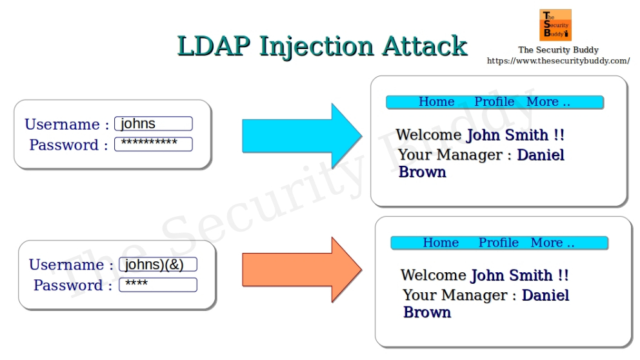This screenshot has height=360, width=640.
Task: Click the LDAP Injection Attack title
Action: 322,46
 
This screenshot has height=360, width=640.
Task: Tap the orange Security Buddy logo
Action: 555,25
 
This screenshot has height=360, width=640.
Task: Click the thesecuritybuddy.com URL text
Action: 558,61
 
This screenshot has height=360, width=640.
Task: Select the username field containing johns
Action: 154,124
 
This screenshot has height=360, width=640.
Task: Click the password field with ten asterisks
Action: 154,144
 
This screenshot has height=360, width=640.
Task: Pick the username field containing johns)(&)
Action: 158,265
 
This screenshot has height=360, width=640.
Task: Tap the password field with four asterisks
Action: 158,285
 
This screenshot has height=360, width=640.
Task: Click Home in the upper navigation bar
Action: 437,102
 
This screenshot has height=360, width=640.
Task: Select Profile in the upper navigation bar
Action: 494,102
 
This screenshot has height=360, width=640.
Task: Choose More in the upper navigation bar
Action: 548,102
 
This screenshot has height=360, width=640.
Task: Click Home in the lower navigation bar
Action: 441,243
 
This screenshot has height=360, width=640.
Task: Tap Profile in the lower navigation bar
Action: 498,243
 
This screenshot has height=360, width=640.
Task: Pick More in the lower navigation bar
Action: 552,243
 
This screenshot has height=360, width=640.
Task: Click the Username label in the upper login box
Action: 62,125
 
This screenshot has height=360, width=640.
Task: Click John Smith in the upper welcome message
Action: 508,135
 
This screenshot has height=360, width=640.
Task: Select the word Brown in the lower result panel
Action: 427,312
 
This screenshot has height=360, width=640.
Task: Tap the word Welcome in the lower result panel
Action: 433,275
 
